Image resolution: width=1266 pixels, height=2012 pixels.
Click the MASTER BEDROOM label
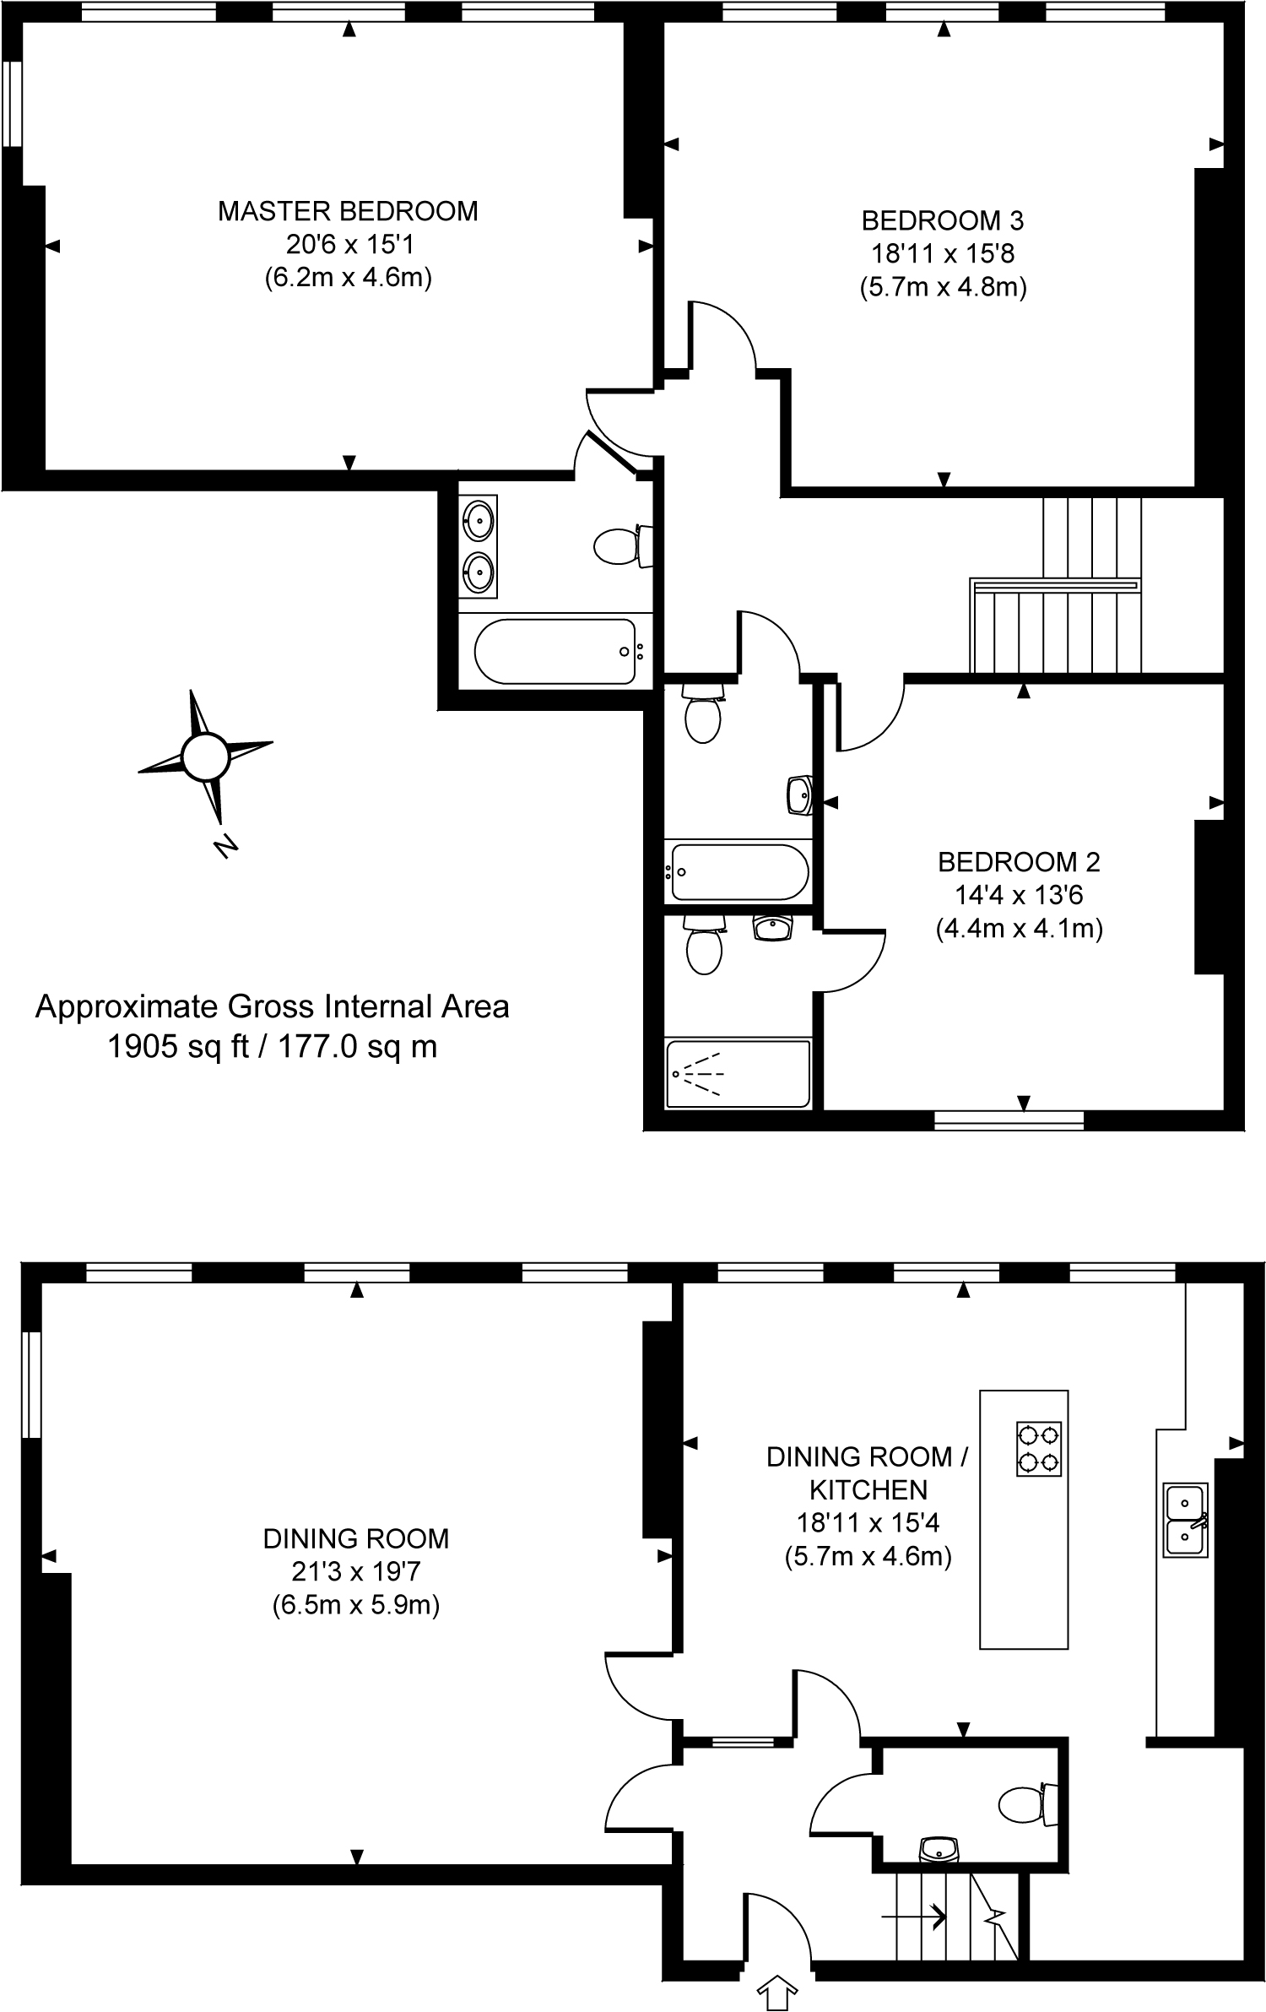pos(348,211)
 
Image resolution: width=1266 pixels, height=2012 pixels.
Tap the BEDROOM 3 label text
pos(943,221)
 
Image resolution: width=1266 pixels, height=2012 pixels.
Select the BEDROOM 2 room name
pos(1020,862)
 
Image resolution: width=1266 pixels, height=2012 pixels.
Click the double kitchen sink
pos(1186,1520)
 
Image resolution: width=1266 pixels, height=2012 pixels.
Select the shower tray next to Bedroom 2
pos(738,1074)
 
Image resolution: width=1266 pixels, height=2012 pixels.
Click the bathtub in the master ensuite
pos(555,652)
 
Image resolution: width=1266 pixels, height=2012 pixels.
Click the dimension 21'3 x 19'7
pos(355,1571)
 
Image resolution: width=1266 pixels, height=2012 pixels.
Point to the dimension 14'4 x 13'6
pos(1020,895)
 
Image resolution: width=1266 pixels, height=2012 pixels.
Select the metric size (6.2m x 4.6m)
pos(348,278)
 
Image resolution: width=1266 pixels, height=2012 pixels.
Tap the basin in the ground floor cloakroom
pos(939,1850)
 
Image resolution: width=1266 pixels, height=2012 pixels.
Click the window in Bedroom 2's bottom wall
pos(1009,1120)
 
